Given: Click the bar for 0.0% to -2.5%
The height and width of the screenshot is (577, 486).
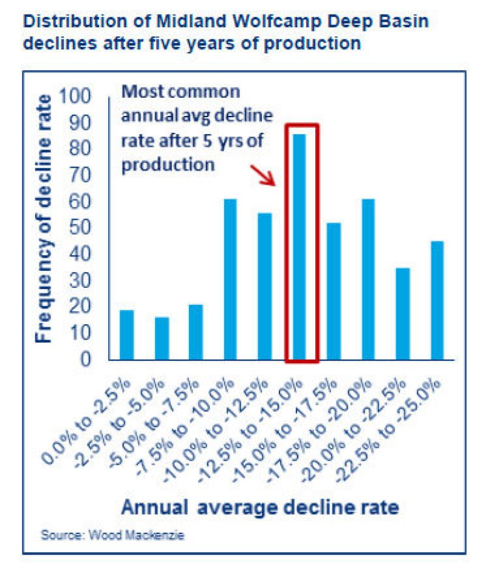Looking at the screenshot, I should (126, 335).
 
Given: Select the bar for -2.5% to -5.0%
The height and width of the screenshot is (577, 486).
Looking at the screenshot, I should (162, 339).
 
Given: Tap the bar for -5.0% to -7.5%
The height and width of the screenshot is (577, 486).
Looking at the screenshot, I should (196, 332).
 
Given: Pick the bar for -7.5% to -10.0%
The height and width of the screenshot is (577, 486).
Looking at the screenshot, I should (231, 279).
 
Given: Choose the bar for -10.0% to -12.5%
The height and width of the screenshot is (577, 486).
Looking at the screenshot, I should (265, 287).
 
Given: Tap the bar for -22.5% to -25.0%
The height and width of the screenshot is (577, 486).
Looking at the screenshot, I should (438, 301).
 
